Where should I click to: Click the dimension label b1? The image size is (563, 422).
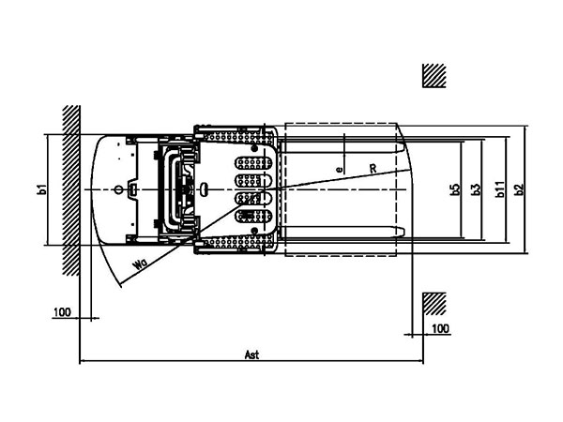coord(41,190)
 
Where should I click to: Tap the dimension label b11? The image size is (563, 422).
coord(500,190)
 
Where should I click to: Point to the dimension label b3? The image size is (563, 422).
coord(477,190)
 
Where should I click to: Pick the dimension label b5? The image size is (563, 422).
coord(455,190)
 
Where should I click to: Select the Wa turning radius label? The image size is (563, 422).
coord(139,265)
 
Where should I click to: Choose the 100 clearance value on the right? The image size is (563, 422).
coord(441,328)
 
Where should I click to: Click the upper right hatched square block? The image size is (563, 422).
coord(434,76)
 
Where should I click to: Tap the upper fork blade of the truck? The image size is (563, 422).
coord(342,147)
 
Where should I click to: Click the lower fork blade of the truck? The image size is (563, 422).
coord(342,232)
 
